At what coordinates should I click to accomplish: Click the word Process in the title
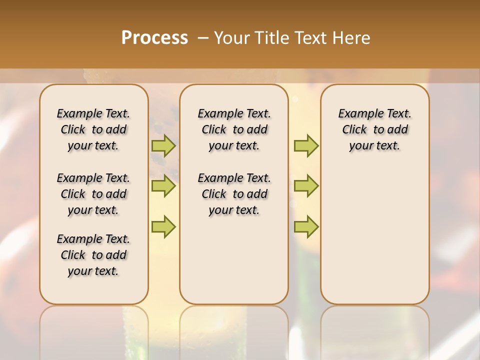[x=154, y=38]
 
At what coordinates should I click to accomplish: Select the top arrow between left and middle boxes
[x=163, y=146]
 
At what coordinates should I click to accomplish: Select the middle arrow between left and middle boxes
[x=163, y=186]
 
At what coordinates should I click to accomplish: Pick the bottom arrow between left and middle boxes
[x=163, y=226]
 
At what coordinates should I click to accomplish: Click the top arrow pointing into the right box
[x=306, y=146]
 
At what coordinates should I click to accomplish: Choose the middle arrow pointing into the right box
[x=306, y=186]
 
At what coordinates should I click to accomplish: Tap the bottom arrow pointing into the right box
[x=306, y=226]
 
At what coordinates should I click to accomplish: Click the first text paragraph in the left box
[x=93, y=129]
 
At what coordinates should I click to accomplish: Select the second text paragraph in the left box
[x=93, y=194]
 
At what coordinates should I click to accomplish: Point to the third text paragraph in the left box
[x=93, y=255]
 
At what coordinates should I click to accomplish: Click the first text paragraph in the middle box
[x=234, y=129]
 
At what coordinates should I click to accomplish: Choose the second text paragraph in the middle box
[x=234, y=194]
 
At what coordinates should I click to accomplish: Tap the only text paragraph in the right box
[x=374, y=129]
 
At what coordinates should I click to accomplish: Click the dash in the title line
[x=203, y=38]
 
